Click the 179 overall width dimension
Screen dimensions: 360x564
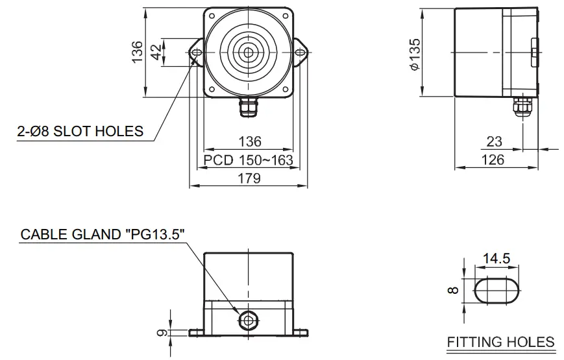coord(248,178)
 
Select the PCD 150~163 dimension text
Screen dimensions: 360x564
coord(248,160)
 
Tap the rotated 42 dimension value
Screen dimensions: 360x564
coord(156,53)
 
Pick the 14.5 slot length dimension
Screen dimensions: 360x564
coord(497,258)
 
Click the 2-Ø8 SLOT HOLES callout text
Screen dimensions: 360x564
coord(80,131)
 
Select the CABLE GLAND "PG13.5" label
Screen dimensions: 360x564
coord(97,234)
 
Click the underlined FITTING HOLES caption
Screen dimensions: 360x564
coord(501,342)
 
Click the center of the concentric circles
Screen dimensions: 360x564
coord(248,52)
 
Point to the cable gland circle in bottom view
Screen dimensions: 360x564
coord(248,319)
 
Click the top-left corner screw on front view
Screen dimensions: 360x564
coord(212,16)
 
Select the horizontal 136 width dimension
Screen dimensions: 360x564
coord(248,141)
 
